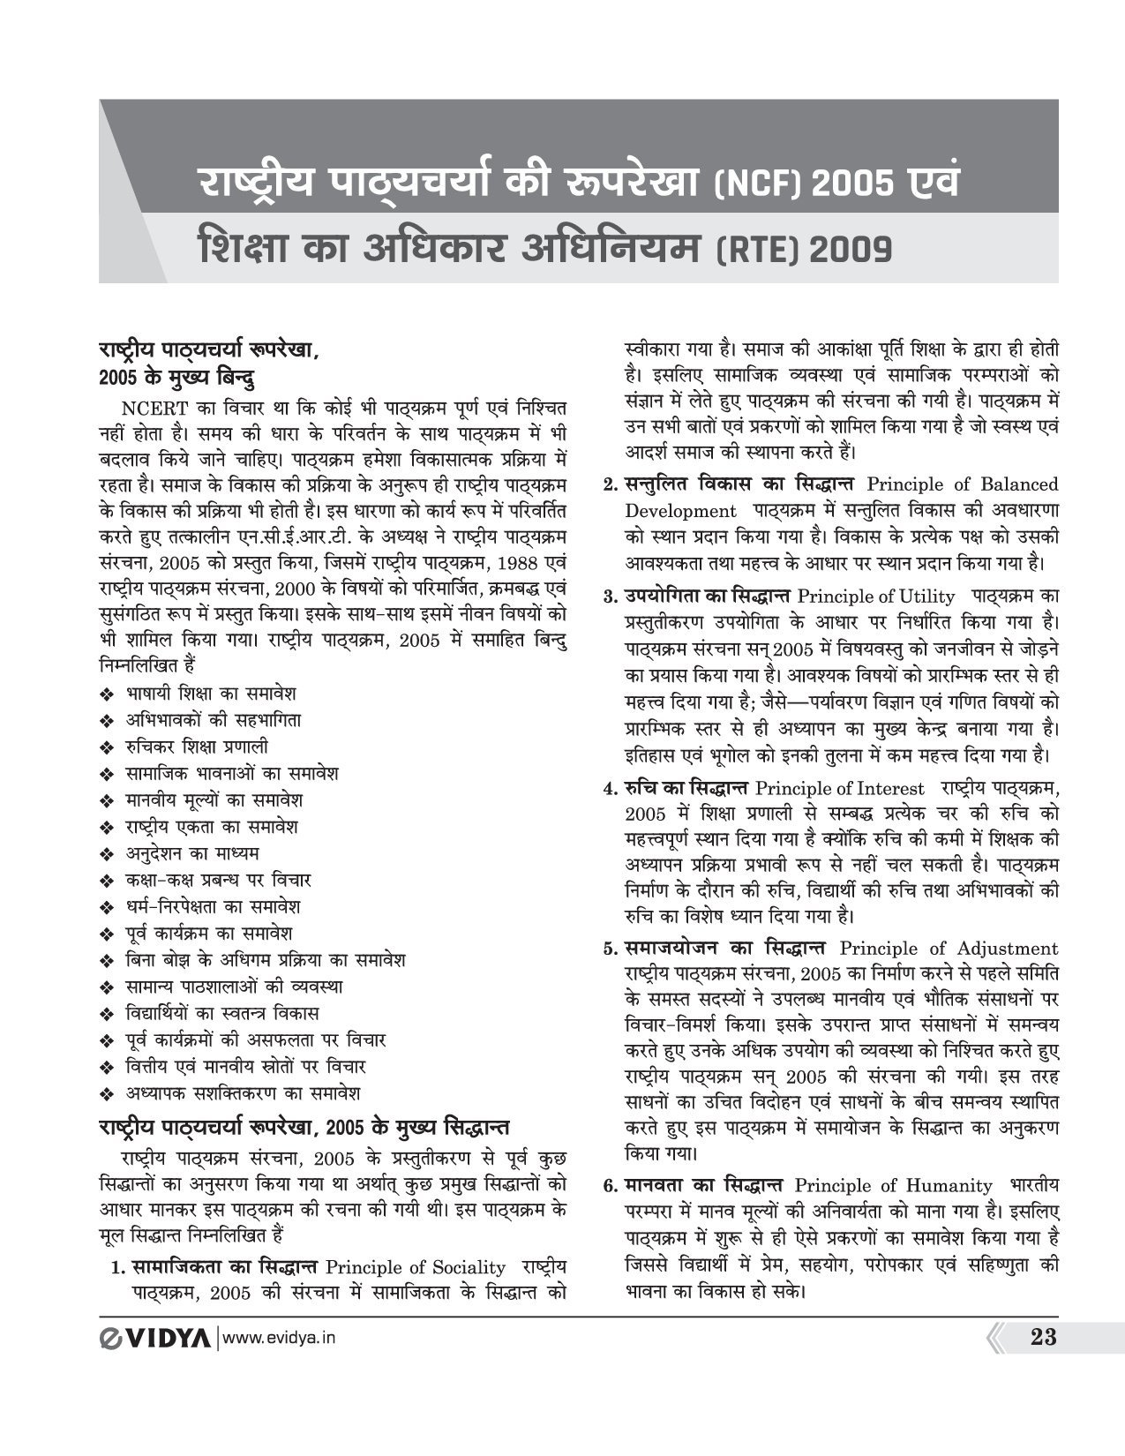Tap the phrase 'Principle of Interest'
pos(840,788)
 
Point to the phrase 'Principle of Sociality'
pos(416,1268)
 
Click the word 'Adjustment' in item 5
pos(1005,949)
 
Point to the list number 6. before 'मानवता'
pos(610,1186)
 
